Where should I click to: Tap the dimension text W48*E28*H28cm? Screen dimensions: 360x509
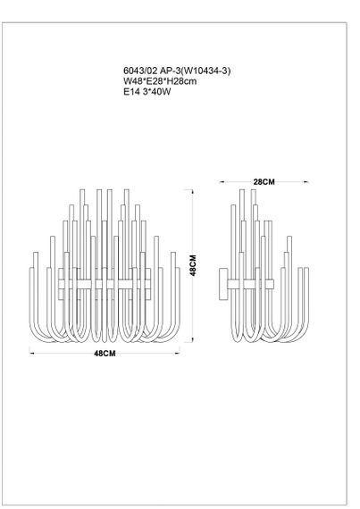click(x=160, y=81)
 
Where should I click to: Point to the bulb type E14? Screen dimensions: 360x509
click(x=131, y=91)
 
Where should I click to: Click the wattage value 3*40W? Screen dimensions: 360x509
click(x=157, y=91)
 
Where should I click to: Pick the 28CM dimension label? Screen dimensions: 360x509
click(x=264, y=182)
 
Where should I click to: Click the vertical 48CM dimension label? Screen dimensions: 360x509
click(x=193, y=265)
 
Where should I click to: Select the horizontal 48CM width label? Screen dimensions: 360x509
click(x=105, y=354)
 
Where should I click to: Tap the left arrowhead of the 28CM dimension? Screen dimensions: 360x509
click(x=222, y=182)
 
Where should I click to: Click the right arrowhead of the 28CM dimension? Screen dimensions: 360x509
click(x=306, y=182)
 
